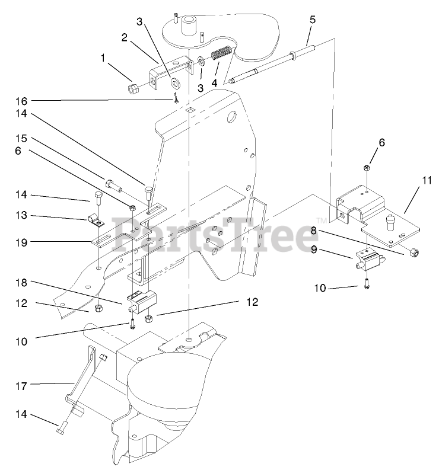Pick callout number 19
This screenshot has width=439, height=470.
coord(23,242)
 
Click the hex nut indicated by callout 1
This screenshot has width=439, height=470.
coord(133,89)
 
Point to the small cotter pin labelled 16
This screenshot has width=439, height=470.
coord(176,99)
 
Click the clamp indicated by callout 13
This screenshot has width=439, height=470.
coord(95,221)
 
